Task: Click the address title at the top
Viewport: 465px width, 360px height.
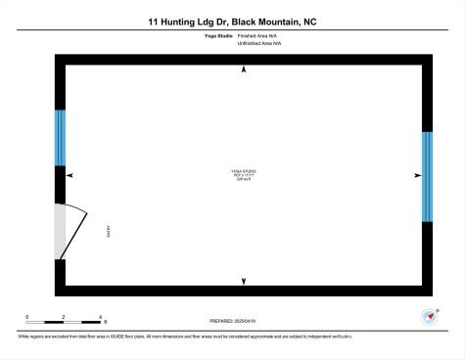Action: click(232, 21)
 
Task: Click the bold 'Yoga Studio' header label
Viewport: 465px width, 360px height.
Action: click(216, 36)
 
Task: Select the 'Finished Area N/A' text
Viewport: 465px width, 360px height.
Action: click(256, 36)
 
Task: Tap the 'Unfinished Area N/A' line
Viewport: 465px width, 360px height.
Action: click(258, 44)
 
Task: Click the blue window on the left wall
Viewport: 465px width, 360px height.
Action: click(60, 137)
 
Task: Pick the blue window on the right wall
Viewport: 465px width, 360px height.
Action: click(427, 177)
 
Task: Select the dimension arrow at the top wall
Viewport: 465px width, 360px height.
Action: click(244, 69)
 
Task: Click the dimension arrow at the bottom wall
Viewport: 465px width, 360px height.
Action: click(244, 282)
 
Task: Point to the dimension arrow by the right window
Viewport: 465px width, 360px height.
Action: click(417, 175)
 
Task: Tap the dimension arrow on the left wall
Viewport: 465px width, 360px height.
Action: click(70, 175)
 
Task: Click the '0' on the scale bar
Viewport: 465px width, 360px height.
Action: click(27, 316)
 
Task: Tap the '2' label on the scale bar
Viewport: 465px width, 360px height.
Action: click(64, 316)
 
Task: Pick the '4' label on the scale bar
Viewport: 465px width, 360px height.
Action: click(101, 316)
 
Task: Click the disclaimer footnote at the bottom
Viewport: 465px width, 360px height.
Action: click(185, 336)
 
